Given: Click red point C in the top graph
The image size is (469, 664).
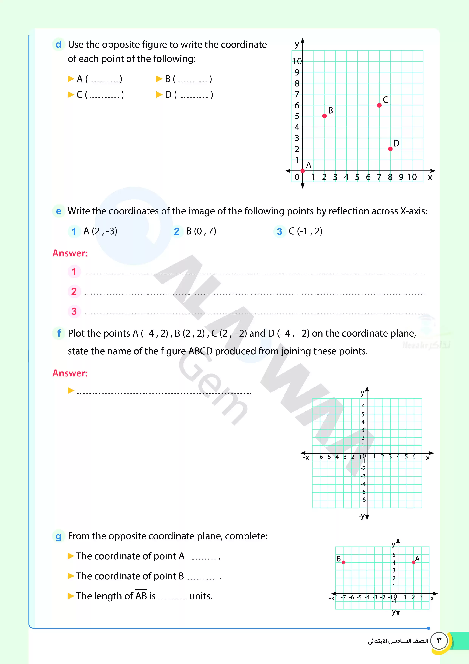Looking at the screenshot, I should click(x=379, y=105).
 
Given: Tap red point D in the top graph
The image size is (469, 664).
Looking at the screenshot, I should click(x=390, y=149).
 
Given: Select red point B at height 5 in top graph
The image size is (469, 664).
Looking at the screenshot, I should click(x=325, y=116).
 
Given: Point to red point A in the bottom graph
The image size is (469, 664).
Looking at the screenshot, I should click(x=414, y=562).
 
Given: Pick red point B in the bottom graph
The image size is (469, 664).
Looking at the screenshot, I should click(x=343, y=562).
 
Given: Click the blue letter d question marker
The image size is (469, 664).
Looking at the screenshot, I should click(x=58, y=44).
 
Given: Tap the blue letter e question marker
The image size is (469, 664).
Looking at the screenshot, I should click(x=58, y=211).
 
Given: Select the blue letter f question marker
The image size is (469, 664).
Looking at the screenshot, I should click(x=59, y=333).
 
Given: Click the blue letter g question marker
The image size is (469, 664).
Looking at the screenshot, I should click(x=58, y=536).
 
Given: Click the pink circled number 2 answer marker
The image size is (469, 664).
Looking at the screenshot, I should click(x=74, y=291).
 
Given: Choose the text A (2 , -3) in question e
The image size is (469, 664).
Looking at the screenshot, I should click(x=100, y=231).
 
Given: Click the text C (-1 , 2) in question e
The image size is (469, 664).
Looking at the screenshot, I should click(x=305, y=231).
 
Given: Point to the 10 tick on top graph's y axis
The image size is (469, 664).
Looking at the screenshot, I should click(x=297, y=61).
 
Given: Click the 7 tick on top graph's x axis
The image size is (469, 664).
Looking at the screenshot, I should click(x=379, y=177).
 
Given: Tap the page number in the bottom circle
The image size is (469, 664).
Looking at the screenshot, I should click(x=439, y=640).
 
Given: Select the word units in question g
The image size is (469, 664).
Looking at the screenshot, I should click(x=201, y=596).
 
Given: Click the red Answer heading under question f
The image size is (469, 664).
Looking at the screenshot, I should click(x=70, y=373).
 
